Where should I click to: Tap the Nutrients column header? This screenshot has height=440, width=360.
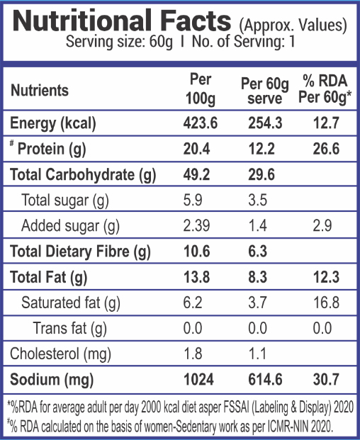40,91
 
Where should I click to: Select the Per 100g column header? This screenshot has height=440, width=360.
201,89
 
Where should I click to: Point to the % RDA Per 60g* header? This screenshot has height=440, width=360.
325,89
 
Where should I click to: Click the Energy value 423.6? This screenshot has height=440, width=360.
201,123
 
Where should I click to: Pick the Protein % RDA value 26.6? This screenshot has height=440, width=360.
326,149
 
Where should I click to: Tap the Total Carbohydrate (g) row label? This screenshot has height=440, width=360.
83,174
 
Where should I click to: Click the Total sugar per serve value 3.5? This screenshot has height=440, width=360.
257,200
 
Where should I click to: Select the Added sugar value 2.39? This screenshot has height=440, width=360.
196,225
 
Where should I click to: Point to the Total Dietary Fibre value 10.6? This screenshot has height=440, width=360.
197,251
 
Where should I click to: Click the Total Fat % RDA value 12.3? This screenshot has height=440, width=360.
326,277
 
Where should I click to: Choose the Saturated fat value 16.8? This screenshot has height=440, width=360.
326,303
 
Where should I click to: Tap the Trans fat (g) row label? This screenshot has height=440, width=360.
70,328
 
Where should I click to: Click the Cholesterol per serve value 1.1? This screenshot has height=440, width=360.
257,354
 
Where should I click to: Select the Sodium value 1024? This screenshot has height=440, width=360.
198,379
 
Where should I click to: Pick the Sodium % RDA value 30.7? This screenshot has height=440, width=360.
326,379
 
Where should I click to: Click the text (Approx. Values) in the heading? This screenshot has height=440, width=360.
293,26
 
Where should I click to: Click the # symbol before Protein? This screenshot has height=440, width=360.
12,143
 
